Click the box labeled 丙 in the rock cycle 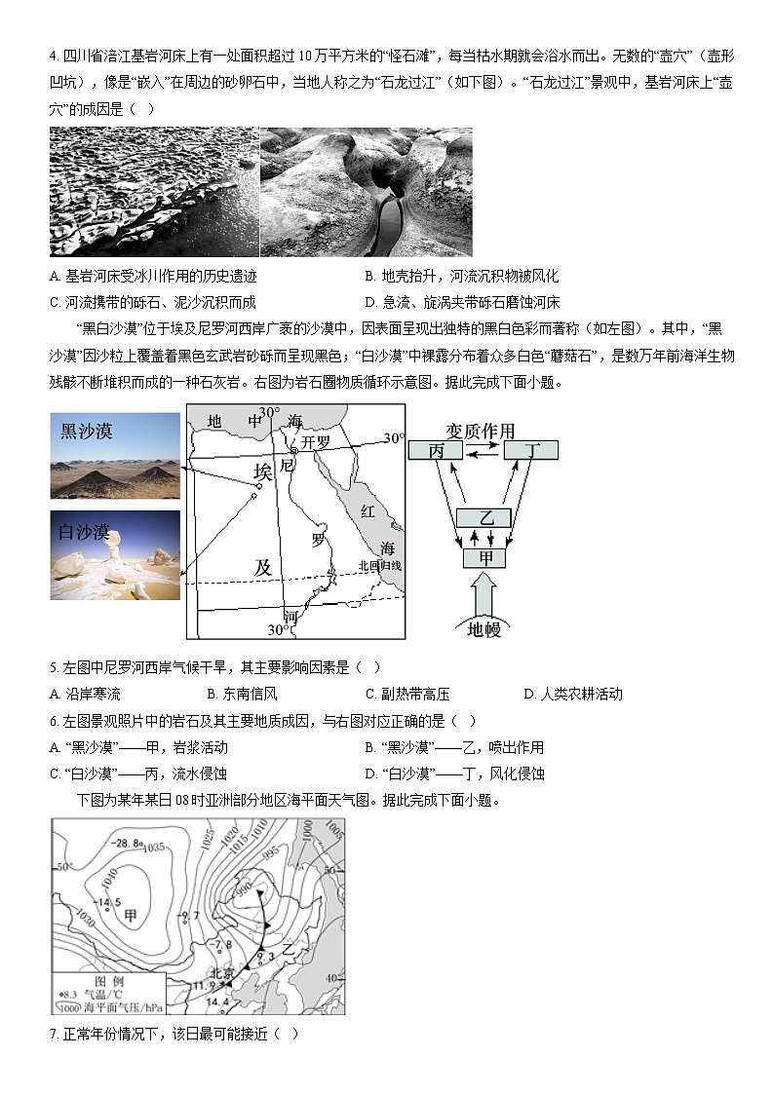[435, 450]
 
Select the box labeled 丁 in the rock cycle [530, 450]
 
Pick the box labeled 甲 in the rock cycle [485, 558]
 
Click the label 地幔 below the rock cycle [484, 629]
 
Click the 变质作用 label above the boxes [480, 431]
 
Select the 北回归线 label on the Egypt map [379, 565]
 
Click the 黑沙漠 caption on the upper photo [87, 430]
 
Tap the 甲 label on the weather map [130, 916]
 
